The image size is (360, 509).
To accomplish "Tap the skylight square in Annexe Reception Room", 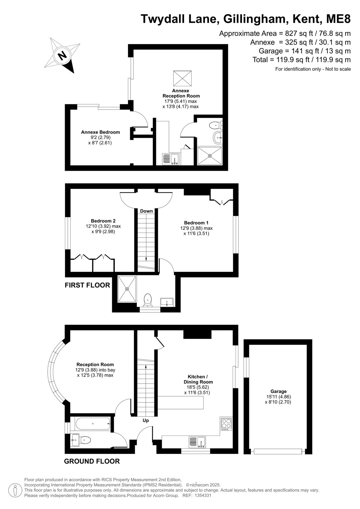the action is point(182,78).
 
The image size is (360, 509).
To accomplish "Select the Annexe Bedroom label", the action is point(100,132).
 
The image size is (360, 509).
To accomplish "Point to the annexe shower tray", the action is point(209,156).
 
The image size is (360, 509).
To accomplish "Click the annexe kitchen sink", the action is point(171,159).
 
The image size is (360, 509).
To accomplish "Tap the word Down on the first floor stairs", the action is point(146,211).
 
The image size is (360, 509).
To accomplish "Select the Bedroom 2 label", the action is point(103,221).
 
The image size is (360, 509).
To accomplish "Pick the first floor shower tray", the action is point(127,289).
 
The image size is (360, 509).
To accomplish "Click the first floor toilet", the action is point(148,300).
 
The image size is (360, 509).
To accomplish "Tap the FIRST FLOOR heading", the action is point(87,285).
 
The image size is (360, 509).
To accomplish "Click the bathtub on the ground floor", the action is point(93,423).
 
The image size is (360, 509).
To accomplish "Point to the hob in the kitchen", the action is point(226,424).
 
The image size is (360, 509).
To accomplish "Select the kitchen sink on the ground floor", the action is point(197,442).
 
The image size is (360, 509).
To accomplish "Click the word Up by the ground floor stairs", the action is point(145,420).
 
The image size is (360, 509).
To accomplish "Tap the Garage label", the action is point(279,391).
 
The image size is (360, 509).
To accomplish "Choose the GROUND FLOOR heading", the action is point(92,461).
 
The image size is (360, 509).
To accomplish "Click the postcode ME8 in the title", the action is point(339,19).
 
